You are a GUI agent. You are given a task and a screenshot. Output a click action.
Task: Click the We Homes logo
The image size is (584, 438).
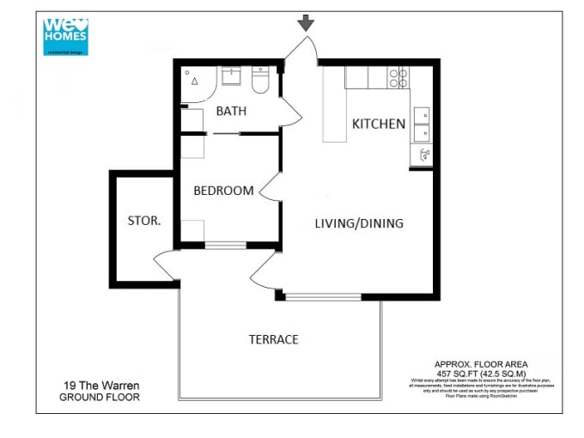pos(65,37)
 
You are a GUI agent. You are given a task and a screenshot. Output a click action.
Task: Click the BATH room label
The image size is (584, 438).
pos(231,111)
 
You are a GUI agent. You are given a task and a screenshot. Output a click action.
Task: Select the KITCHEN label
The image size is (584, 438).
pos(378,124)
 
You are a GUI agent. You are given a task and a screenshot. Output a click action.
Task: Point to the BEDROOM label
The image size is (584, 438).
pos(223,191)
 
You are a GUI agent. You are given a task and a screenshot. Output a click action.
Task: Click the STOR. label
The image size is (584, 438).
pos(143,221)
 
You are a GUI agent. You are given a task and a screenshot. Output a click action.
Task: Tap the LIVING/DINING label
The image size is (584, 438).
pos(358,223)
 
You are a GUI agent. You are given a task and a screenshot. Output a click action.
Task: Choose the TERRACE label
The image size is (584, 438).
pos(273,339)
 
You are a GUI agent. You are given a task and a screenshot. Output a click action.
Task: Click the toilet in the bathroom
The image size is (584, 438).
pos(261,82)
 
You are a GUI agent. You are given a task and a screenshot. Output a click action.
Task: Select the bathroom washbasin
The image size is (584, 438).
pos(231,78)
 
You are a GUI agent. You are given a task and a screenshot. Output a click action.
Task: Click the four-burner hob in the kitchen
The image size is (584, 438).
pos(399,78)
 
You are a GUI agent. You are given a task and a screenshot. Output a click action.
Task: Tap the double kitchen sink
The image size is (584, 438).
pos(421,125)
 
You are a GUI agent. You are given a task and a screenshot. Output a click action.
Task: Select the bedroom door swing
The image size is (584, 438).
pos(271,184)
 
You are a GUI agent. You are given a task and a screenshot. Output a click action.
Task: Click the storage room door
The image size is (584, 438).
pos(166,264)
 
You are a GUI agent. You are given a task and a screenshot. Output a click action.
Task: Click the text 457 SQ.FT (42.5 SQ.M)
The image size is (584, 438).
pos(481,374)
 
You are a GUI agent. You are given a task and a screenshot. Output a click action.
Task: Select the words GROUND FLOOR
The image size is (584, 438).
pos(99,398)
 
